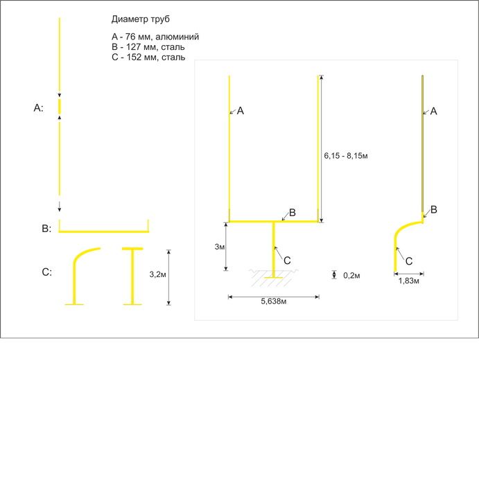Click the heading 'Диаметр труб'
[141, 19]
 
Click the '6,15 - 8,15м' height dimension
[346, 156]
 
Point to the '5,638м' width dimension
[274, 301]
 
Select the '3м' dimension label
[219, 247]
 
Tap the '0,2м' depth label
[351, 275]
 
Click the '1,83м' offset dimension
[408, 281]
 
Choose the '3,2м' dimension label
[158, 274]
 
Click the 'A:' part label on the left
[38, 108]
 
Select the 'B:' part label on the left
[46, 229]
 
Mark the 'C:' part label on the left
[46, 272]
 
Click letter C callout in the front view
[287, 261]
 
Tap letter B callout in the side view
[433, 210]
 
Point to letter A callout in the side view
[433, 111]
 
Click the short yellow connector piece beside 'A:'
[60, 107]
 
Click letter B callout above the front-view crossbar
[292, 213]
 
